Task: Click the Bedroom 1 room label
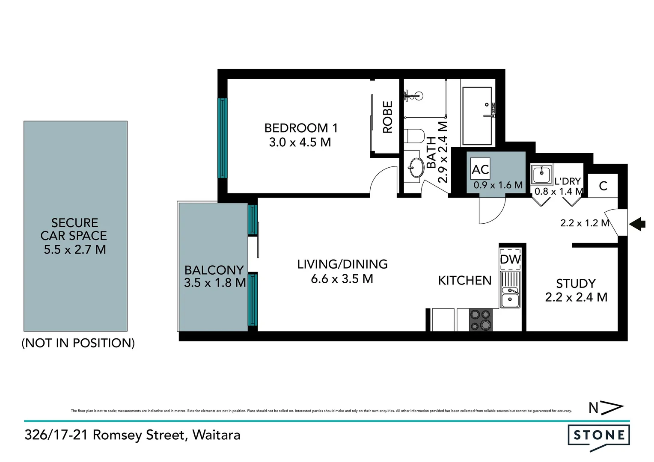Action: tap(301, 128)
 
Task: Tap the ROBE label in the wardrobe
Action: tap(387, 117)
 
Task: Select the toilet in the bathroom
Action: tap(414, 136)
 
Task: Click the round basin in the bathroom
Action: tap(415, 167)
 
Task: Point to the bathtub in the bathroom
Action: tap(478, 116)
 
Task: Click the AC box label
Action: tap(480, 169)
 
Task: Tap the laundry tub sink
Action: tap(541, 174)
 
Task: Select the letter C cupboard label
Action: tap(603, 186)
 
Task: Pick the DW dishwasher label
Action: tap(510, 259)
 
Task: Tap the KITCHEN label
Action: tap(464, 281)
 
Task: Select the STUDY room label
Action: tap(576, 284)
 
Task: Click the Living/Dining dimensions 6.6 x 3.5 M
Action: tap(342, 279)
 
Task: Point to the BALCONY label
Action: tap(214, 270)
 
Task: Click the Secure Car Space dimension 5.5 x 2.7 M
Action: tap(75, 249)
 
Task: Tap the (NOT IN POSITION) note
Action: tap(78, 343)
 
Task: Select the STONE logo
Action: tap(598, 436)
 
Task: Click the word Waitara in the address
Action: tap(216, 435)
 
